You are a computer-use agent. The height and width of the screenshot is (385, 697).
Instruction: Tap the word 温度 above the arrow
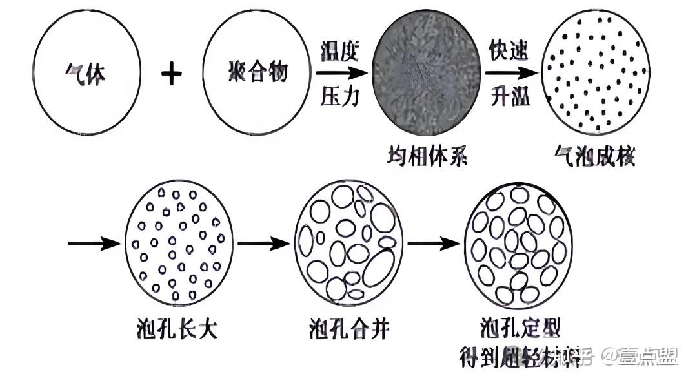point(340,50)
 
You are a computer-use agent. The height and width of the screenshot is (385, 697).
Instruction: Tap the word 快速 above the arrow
point(510,51)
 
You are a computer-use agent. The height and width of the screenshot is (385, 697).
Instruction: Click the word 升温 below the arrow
point(510,98)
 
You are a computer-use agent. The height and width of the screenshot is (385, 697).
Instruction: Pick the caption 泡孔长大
point(178,329)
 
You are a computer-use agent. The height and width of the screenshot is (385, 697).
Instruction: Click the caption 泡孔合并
point(348,329)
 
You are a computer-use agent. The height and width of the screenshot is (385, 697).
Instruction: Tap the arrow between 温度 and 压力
point(341,74)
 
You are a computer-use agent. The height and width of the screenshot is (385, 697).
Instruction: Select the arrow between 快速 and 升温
point(512,74)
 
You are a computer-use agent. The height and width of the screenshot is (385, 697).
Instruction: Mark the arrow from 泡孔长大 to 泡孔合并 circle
point(263,244)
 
